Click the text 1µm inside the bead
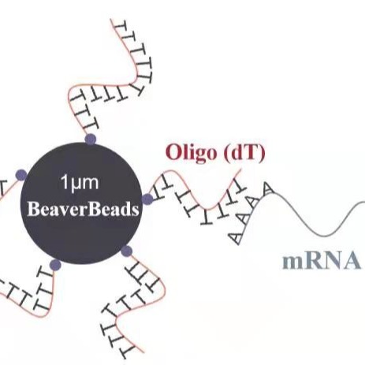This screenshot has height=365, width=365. coord(80,182)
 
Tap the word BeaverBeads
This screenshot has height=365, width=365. coord(83,210)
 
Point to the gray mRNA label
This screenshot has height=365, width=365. coord(322,261)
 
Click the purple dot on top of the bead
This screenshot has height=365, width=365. coord(91,140)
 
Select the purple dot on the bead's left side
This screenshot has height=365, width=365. coord(21,175)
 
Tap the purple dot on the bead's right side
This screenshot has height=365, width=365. coord(147,199)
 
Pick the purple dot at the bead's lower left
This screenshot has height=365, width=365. coord(55,265)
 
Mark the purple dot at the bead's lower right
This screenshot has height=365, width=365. coord(127,251)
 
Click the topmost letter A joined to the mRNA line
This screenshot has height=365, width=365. coord(266,188)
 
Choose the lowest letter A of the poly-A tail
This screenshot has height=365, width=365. coord(235,238)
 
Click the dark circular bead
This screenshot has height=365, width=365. coord(81,203)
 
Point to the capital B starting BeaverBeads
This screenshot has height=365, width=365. coord(33,210)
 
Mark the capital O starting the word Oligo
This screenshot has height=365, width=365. coord(173,152)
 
